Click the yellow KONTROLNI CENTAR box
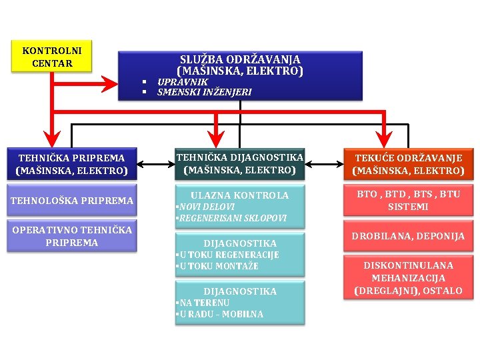point(52,57)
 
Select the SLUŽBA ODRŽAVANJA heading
point(240,65)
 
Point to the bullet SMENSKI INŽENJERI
point(204,92)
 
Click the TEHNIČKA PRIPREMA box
point(71,164)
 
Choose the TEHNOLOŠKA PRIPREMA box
point(71,201)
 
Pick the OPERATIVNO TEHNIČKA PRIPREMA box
point(71,236)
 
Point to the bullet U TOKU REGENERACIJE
point(227,255)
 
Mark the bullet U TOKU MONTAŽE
point(217,266)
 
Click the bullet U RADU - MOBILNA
point(219,314)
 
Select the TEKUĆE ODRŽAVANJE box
point(407,164)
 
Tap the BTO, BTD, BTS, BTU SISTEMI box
point(407,201)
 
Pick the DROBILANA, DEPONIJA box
point(407,236)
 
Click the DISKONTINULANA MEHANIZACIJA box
point(407,277)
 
